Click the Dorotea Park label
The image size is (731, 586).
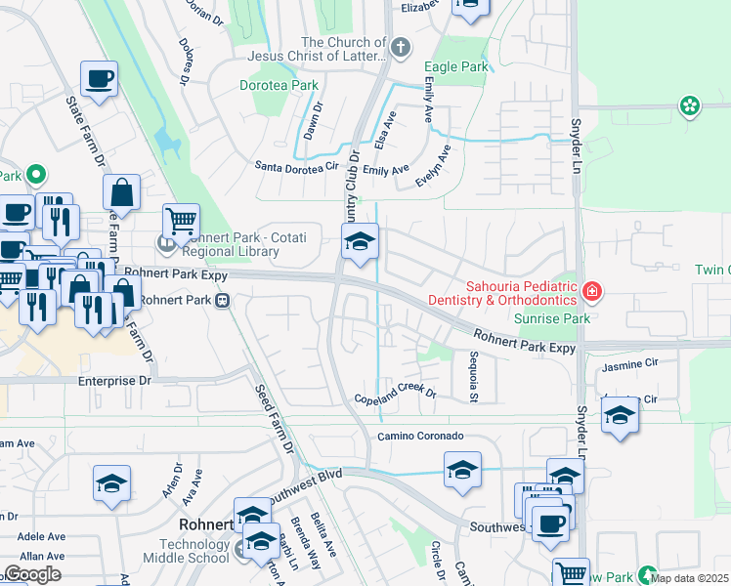(x=279, y=85)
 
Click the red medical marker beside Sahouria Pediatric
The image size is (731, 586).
(x=590, y=291)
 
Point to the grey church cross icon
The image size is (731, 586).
(x=399, y=46)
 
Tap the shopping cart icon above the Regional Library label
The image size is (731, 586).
(x=181, y=221)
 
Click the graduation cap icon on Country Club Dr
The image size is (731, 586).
(x=360, y=240)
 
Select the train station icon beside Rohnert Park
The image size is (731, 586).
(x=224, y=300)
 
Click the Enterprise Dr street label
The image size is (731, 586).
(x=116, y=381)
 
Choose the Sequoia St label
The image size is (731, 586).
(x=473, y=376)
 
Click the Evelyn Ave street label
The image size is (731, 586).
(x=433, y=166)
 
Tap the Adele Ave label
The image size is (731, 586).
(x=41, y=536)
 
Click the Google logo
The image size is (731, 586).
(x=33, y=574)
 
